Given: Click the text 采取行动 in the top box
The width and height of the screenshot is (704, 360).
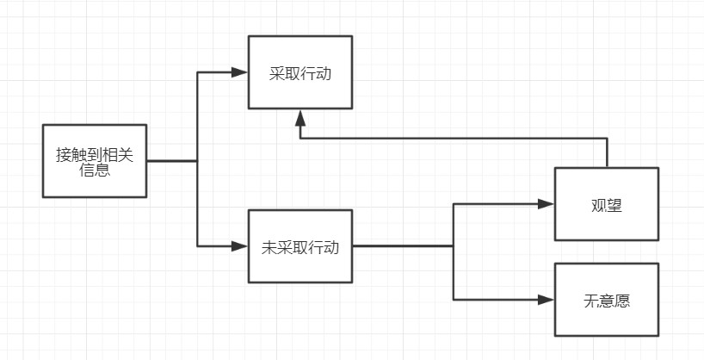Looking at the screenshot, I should tap(300, 74).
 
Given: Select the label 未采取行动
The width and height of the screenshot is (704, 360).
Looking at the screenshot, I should tap(300, 247).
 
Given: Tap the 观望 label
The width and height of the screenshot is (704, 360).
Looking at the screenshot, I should tap(606, 205).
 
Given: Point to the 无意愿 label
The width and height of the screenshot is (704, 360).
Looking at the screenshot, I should tap(606, 301).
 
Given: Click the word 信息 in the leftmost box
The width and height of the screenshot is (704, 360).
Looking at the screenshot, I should tap(94, 170).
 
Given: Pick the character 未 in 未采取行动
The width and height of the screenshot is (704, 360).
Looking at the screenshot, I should tap(268, 247).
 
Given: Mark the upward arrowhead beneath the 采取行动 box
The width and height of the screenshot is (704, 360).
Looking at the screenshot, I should tap(300, 117).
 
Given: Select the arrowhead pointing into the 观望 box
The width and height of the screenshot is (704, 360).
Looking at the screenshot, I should tap(546, 204).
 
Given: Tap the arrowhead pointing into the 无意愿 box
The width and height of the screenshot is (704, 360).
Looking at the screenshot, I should tap(546, 300).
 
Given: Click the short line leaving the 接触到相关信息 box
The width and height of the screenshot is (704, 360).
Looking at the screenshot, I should tap(170, 160).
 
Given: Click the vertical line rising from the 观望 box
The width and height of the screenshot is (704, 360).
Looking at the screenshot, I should tap(607, 152).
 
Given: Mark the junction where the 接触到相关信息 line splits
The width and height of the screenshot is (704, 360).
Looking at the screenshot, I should tap(197, 160).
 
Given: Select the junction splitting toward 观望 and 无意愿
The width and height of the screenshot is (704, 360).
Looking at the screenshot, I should tap(454, 246).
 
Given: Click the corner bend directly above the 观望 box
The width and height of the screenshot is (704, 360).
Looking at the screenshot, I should tap(607, 137).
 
